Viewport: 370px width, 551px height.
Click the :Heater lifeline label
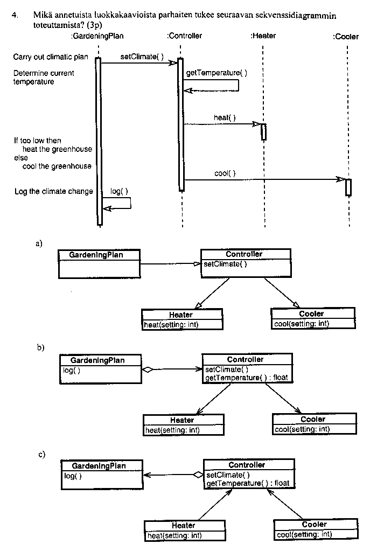pyautogui.click(x=263, y=36)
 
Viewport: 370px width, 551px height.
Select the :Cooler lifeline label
pyautogui.click(x=346, y=37)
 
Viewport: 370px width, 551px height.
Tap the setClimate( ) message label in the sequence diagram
pyautogui.click(x=139, y=57)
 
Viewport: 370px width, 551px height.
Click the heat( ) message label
pyautogui.click(x=225, y=117)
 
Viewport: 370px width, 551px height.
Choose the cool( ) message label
pyautogui.click(x=225, y=173)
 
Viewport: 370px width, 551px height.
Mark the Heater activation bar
pyautogui.click(x=264, y=132)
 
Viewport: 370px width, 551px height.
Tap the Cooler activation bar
pyautogui.click(x=348, y=187)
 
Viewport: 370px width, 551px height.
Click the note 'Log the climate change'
pyautogui.click(x=53, y=191)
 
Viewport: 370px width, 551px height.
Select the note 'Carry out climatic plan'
pyautogui.click(x=51, y=57)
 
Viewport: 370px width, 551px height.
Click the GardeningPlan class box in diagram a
pyautogui.click(x=99, y=263)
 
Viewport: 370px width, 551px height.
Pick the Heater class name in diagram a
pyautogui.click(x=181, y=315)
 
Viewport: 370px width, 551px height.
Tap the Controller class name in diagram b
pyautogui.click(x=246, y=359)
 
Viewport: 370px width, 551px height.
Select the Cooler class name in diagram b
pyautogui.click(x=313, y=419)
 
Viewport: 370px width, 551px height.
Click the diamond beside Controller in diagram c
pyautogui.click(x=198, y=475)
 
